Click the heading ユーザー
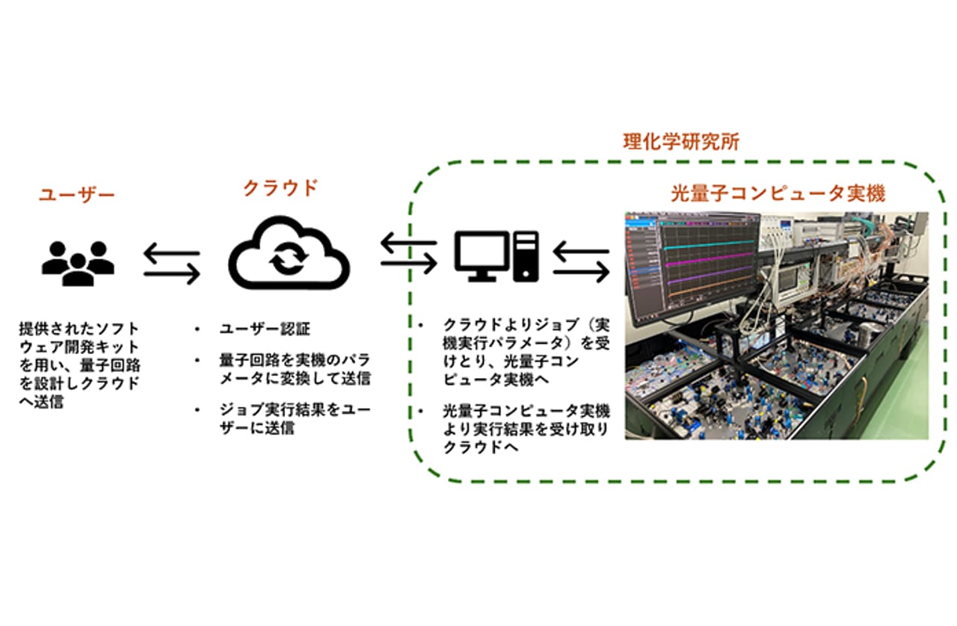point(77,195)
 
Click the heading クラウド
point(280,188)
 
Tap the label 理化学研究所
point(681,142)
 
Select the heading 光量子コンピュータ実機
point(778,193)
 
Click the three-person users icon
point(78,263)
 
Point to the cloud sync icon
point(289,252)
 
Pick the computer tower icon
point(526,256)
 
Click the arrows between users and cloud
point(172,264)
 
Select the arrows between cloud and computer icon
point(409,253)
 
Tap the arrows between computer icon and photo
point(581,261)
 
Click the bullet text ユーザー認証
point(265,329)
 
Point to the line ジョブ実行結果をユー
point(295,409)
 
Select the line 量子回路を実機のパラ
point(295,360)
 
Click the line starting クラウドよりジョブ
point(526,326)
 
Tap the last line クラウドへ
point(481,447)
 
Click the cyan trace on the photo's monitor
point(710,245)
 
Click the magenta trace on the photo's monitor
point(710,260)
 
